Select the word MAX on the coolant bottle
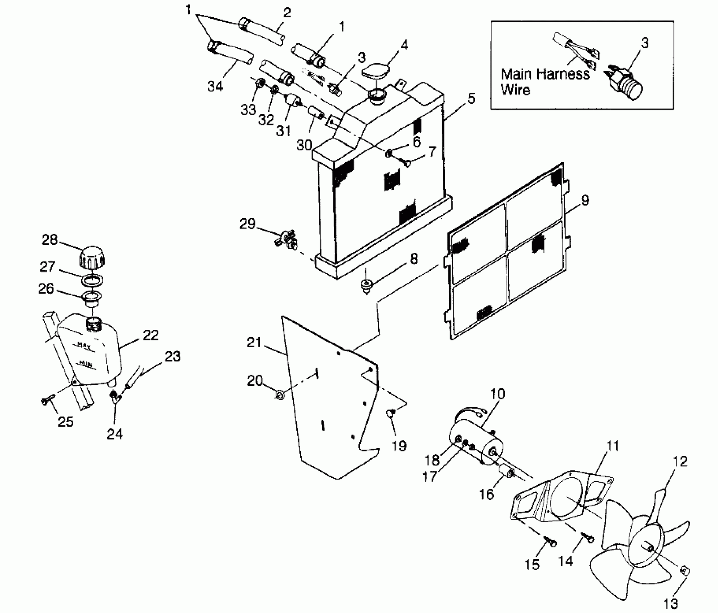84,345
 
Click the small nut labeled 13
684,571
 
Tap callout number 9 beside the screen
585,200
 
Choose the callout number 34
215,86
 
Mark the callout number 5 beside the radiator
471,99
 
